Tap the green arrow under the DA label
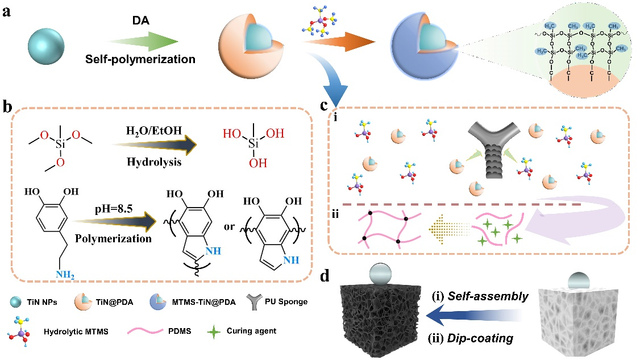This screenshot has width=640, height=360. point(142,41)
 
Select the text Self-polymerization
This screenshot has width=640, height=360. point(148,59)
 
